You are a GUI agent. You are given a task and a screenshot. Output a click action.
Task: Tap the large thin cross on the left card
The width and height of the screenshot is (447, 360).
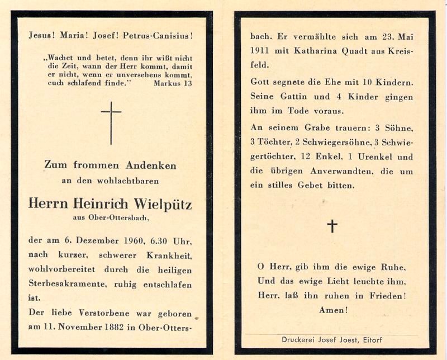coord(111,122)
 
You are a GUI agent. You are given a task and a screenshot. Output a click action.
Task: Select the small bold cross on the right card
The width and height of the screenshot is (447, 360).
coord(332,225)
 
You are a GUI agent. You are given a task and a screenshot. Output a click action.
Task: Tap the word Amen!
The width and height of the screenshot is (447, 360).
coord(333,310)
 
